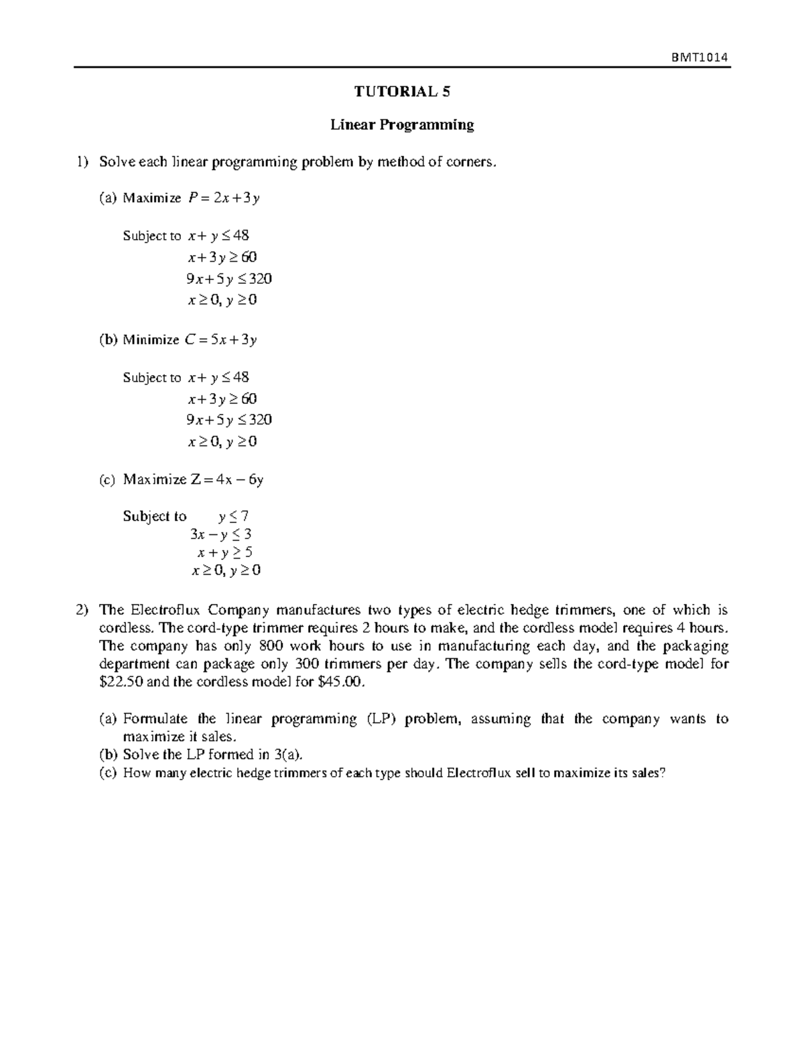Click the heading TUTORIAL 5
click(x=402, y=92)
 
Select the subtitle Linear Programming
click(x=402, y=125)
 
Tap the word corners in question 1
click(x=472, y=161)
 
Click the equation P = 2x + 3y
click(x=224, y=198)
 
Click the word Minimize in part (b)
click(x=151, y=340)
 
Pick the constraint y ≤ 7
click(x=234, y=516)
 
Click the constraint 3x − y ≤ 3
click(x=221, y=534)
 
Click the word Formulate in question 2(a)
click(x=155, y=719)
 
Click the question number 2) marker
click(x=82, y=610)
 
